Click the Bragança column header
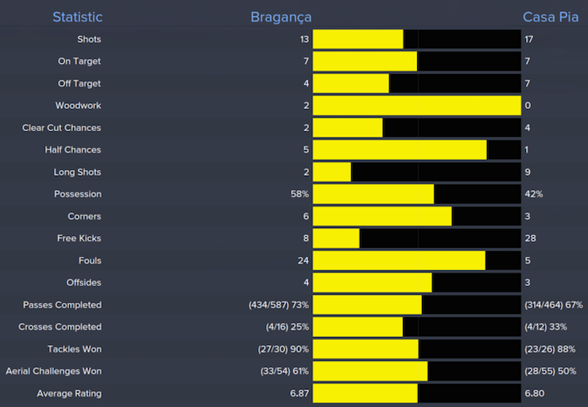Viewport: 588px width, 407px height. click(280, 17)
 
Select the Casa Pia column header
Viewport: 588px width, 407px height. click(551, 17)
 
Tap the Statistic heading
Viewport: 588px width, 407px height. click(77, 17)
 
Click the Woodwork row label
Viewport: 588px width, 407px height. click(78, 106)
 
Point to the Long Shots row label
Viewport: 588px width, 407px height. click(77, 172)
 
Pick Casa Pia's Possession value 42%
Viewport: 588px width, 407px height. click(534, 194)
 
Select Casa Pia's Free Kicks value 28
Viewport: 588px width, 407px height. click(530, 238)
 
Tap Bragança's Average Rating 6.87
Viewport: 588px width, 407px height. click(299, 393)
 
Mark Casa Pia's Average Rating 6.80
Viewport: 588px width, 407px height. click(535, 393)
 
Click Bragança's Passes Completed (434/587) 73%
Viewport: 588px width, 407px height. click(278, 304)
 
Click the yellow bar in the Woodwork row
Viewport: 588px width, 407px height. click(416, 106)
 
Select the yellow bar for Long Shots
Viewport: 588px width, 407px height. click(332, 172)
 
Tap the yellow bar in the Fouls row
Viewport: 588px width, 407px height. click(399, 261)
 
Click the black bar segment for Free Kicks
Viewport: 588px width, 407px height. click(440, 238)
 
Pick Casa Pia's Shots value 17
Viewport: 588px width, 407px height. click(529, 39)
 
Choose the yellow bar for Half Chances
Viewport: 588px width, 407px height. click(400, 149)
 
